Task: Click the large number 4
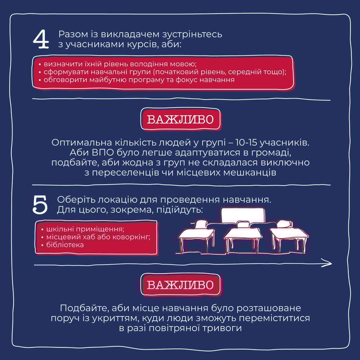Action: pos(41,40)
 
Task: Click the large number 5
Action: pos(40,205)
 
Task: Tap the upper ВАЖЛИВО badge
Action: pos(180,119)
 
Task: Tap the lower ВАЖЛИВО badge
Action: pos(180,285)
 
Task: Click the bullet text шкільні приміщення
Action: pos(85,229)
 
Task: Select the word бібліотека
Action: pos(65,245)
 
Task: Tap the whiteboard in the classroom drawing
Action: pos(243,216)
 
